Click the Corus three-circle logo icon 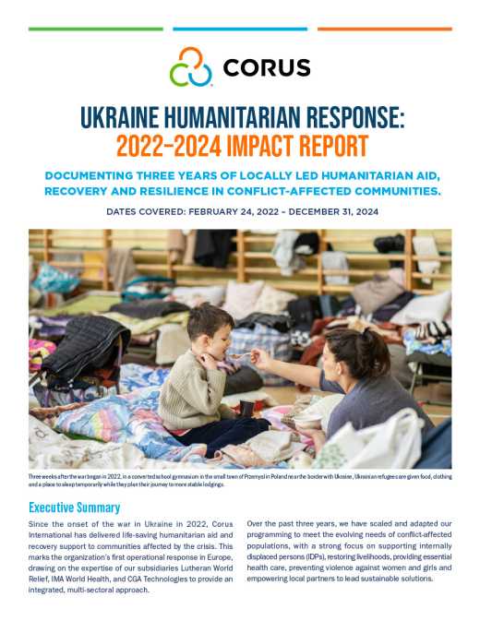point(191,67)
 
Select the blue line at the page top point(239,29)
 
